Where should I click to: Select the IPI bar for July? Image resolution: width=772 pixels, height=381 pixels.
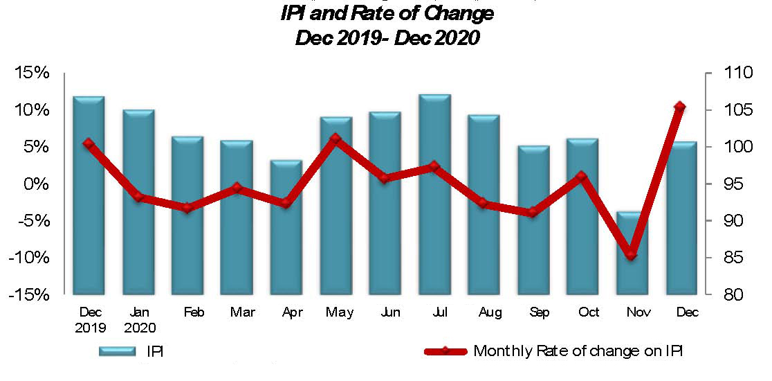coord(434,194)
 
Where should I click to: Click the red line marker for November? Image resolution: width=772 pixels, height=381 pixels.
coord(631,255)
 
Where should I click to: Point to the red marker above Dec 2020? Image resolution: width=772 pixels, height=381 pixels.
coord(680,107)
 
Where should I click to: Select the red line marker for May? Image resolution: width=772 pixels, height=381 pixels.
coord(336,139)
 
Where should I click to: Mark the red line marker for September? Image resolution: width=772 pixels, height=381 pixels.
coord(532,213)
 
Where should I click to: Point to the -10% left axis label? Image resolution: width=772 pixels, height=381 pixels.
coord(30,258)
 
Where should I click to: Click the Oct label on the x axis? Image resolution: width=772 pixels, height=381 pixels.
coord(588,313)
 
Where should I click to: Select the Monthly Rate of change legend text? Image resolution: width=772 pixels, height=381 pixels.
coord(578,351)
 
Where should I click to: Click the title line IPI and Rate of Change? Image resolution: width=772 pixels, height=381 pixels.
coord(387,13)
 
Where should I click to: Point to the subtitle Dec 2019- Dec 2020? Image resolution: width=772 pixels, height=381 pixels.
coord(387,37)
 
